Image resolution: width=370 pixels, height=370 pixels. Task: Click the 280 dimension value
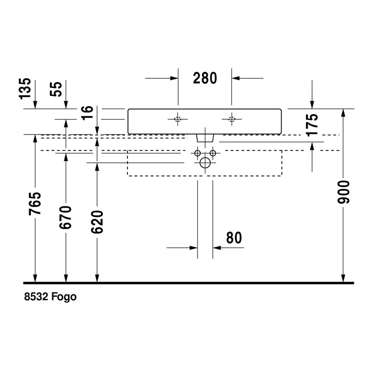(x=205, y=78)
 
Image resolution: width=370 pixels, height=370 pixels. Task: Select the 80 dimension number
(x=234, y=238)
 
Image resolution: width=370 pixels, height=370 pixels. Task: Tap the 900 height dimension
(x=343, y=192)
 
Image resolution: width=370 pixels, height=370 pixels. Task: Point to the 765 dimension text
(x=35, y=204)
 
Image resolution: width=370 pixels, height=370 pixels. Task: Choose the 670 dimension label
(x=66, y=217)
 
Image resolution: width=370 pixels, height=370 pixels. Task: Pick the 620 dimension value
(x=98, y=222)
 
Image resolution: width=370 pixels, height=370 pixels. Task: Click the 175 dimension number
(x=312, y=125)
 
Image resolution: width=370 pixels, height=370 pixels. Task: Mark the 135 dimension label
(x=25, y=88)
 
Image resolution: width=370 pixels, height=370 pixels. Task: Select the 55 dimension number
(x=56, y=89)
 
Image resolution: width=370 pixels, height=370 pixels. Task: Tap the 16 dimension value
(x=88, y=113)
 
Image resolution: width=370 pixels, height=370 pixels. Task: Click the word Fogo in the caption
(x=64, y=297)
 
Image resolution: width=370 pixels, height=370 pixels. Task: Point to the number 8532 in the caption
(x=36, y=297)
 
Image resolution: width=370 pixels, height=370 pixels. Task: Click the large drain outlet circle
(x=205, y=163)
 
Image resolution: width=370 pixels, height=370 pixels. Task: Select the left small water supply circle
(x=198, y=153)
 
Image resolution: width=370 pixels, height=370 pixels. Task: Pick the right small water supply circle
(x=213, y=153)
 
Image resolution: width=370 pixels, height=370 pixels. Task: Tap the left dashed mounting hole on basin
(x=178, y=119)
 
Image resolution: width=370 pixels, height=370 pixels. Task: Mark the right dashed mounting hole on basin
(x=232, y=119)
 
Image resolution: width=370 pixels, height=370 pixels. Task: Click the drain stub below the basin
(x=205, y=138)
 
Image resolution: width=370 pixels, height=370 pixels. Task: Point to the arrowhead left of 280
(x=174, y=78)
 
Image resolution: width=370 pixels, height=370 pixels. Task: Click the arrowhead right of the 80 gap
(x=217, y=248)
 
